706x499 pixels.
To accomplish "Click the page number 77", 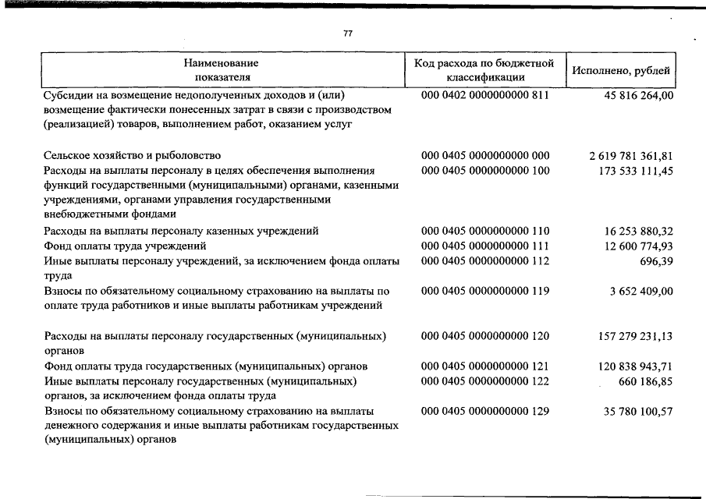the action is click(x=348, y=34).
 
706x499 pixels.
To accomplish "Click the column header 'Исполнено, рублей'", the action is click(x=621, y=69).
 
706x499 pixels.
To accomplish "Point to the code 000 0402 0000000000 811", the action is click(x=485, y=96).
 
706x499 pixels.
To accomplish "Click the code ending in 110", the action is click(x=485, y=231).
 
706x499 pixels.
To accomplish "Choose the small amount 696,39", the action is click(x=656, y=261).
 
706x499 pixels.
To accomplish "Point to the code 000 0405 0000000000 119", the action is click(x=485, y=291).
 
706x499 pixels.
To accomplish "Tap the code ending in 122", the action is click(x=485, y=381).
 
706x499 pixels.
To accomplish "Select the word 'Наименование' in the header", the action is click(x=222, y=62).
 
